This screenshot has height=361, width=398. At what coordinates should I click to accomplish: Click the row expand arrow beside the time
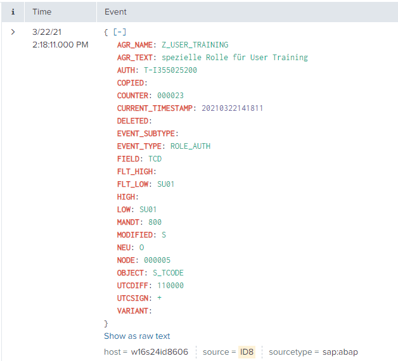pyautogui.click(x=13, y=31)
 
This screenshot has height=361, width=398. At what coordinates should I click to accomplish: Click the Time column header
pyautogui.click(x=42, y=11)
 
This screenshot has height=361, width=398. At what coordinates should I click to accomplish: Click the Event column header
pyautogui.click(x=115, y=11)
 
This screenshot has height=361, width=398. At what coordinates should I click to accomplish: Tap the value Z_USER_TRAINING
pyautogui.click(x=195, y=44)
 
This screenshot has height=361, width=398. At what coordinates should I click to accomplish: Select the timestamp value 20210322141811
pyautogui.click(x=232, y=108)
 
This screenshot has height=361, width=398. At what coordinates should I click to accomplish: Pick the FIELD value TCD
pyautogui.click(x=155, y=158)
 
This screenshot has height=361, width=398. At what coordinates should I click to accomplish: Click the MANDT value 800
pyautogui.click(x=155, y=222)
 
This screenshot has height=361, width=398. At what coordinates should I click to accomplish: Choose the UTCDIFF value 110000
pyautogui.click(x=170, y=285)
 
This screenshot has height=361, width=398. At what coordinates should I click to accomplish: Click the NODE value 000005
pyautogui.click(x=157, y=260)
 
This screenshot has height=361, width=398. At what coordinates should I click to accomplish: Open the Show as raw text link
pyautogui.click(x=137, y=336)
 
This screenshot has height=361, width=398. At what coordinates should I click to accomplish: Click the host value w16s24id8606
pyautogui.click(x=159, y=351)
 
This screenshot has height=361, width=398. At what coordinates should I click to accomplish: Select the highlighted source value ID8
pyautogui.click(x=247, y=351)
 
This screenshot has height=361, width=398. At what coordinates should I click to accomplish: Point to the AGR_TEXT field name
pyautogui.click(x=134, y=57)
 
